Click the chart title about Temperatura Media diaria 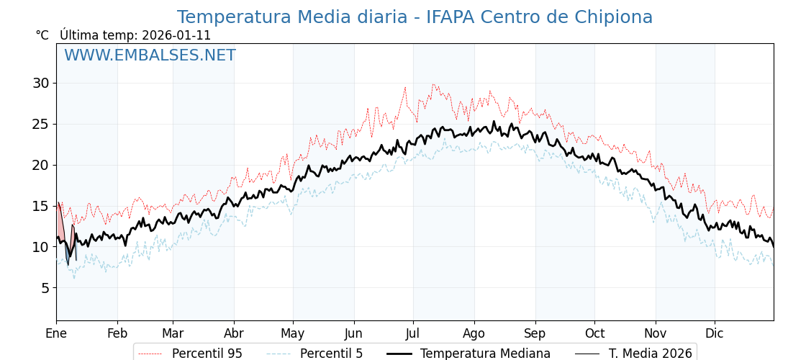pyautogui.click(x=415, y=17)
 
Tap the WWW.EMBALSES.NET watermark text pyautogui.click(x=150, y=55)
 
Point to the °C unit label pyautogui.click(x=42, y=35)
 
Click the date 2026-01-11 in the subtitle pyautogui.click(x=176, y=35)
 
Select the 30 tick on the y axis pyautogui.click(x=40, y=84)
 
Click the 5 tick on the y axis pyautogui.click(x=45, y=288)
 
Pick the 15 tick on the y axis pyautogui.click(x=40, y=207)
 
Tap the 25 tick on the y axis pyautogui.click(x=40, y=125)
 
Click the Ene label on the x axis pyautogui.click(x=56, y=333)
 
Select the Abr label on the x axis pyautogui.click(x=234, y=333)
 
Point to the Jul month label pyautogui.click(x=413, y=333)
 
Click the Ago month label pyautogui.click(x=474, y=333)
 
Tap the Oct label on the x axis pyautogui.click(x=594, y=333)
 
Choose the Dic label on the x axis pyautogui.click(x=715, y=333)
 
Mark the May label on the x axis pyautogui.click(x=293, y=333)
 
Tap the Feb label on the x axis pyautogui.click(x=117, y=333)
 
